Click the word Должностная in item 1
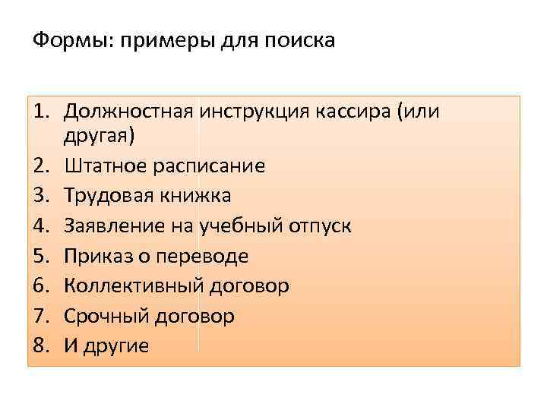coord(128,112)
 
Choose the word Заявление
coord(112,225)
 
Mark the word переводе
coord(202,255)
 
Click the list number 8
coord(40,345)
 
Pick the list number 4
coord(40,225)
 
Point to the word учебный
coord(239,225)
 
